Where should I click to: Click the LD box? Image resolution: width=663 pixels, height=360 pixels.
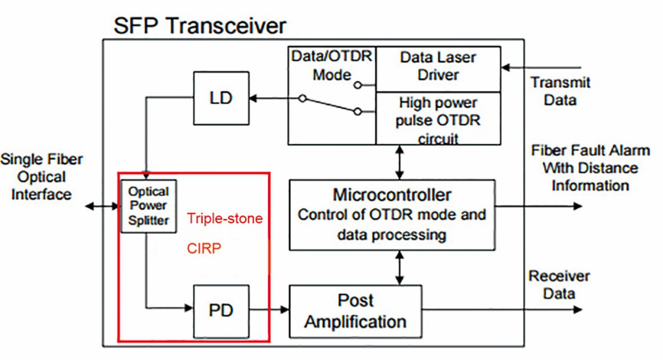coord(222,97)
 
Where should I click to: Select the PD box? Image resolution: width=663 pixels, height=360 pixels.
coord(221,310)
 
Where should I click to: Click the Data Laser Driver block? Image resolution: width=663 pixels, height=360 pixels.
coord(437,67)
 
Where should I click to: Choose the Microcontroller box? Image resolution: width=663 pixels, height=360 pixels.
coord(392,214)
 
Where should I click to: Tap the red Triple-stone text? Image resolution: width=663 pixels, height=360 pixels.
coord(225,219)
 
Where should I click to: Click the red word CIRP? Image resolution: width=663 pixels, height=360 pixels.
coord(205,248)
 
